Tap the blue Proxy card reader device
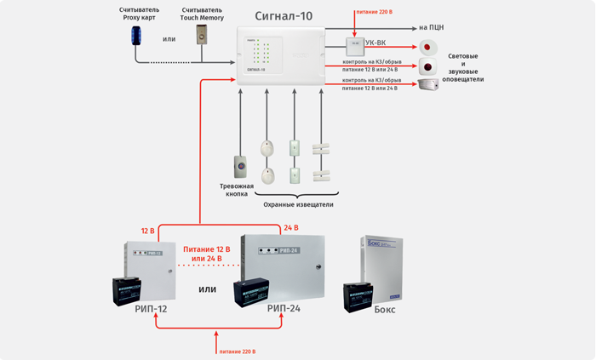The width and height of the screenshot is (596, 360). pyautogui.click(x=136, y=35)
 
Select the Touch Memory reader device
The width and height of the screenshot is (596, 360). pyautogui.click(x=202, y=35)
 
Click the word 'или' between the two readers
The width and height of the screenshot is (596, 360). pyautogui.click(x=169, y=38)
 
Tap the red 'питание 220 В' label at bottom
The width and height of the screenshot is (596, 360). pyautogui.click(x=237, y=351)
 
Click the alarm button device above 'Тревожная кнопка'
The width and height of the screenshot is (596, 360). pyautogui.click(x=241, y=165)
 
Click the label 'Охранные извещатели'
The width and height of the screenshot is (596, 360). pyautogui.click(x=297, y=204)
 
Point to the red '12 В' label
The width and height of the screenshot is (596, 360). pyautogui.click(x=148, y=231)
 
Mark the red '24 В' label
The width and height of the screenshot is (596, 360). pyautogui.click(x=290, y=228)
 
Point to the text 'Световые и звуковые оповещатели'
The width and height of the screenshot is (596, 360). pyautogui.click(x=462, y=67)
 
